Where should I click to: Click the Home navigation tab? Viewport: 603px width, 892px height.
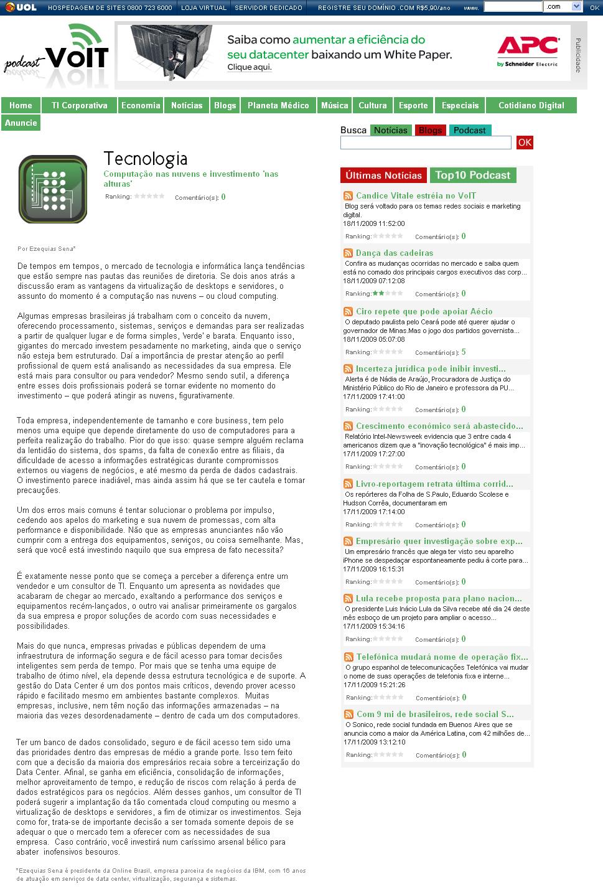tap(21, 105)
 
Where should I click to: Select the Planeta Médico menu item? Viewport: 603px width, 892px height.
tap(278, 105)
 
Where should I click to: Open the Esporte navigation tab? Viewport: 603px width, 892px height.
tap(413, 105)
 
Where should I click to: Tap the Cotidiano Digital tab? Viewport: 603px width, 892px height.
tap(531, 105)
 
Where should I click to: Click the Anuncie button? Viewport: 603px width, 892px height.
tap(21, 123)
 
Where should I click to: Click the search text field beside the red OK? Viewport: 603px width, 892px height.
tap(426, 143)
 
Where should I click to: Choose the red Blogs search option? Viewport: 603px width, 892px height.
tap(430, 130)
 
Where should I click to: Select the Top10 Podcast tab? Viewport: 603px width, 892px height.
tap(472, 176)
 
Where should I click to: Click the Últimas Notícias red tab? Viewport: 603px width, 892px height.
tap(383, 176)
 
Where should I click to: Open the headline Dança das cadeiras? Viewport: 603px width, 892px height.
tap(395, 253)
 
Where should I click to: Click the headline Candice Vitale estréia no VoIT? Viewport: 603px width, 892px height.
tap(416, 195)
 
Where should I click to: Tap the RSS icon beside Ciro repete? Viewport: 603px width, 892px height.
tap(348, 311)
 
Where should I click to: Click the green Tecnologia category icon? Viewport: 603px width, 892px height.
tap(53, 189)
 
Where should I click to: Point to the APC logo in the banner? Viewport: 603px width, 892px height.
tap(528, 50)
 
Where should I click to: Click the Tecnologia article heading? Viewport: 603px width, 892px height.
tap(145, 159)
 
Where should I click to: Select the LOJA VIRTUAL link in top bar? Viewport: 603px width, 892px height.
tap(203, 7)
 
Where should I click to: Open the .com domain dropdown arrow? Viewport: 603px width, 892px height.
tap(576, 7)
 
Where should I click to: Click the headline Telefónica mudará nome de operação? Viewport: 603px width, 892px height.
tap(442, 657)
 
